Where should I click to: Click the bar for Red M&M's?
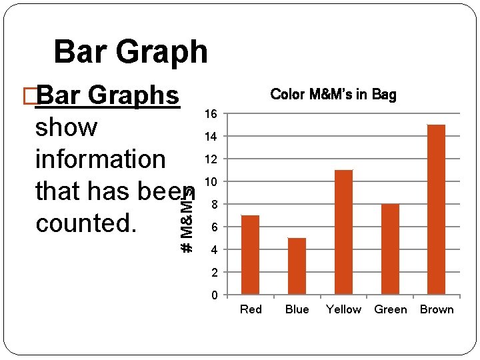point(250,255)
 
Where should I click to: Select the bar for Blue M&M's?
point(297,266)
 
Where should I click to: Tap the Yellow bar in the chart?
point(343,232)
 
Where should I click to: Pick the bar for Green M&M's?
point(390,249)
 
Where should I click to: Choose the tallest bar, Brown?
point(436,209)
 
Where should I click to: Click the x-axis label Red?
point(251,309)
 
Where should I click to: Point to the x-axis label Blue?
point(297,309)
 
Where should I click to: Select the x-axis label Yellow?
point(343,309)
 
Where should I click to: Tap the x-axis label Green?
point(390,309)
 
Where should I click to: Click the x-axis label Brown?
point(437,309)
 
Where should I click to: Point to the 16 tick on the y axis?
point(210,114)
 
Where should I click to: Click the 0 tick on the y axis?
point(213,295)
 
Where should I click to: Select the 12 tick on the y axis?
point(210,159)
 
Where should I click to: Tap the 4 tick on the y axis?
point(213,250)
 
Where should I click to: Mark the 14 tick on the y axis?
point(210,137)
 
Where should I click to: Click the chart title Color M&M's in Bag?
point(333,95)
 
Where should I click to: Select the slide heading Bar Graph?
point(131,51)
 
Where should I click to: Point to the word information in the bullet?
point(100,159)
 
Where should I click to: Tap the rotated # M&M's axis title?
point(188,220)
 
